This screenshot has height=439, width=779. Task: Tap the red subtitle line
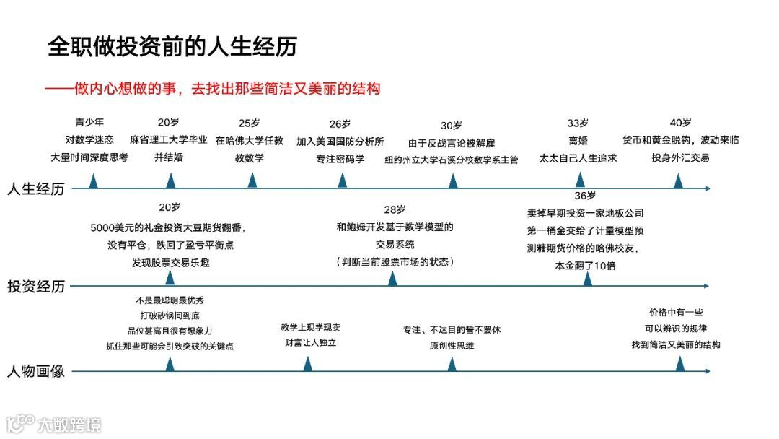coord(212,89)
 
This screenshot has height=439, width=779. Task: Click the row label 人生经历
coord(36,189)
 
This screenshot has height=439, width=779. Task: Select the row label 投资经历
coord(36,286)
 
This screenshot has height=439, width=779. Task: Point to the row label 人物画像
coord(36,372)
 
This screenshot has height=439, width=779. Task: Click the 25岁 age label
coord(249,123)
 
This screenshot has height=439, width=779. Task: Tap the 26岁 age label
coord(340,123)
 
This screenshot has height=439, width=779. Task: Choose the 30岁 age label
coord(452,125)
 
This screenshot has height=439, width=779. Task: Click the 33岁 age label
coord(578,123)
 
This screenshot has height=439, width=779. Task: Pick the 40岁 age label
coord(680,123)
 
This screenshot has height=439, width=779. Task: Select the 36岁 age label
coord(585,196)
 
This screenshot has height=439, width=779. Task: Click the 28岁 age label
coord(395,209)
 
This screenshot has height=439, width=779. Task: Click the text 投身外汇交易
coord(680,157)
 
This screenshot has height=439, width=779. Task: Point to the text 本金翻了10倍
coord(585,265)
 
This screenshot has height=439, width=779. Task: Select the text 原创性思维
coord(452,345)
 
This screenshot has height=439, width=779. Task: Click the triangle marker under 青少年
coord(94,181)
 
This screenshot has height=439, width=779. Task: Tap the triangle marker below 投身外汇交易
coord(678,181)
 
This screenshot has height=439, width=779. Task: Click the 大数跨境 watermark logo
coord(54,425)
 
